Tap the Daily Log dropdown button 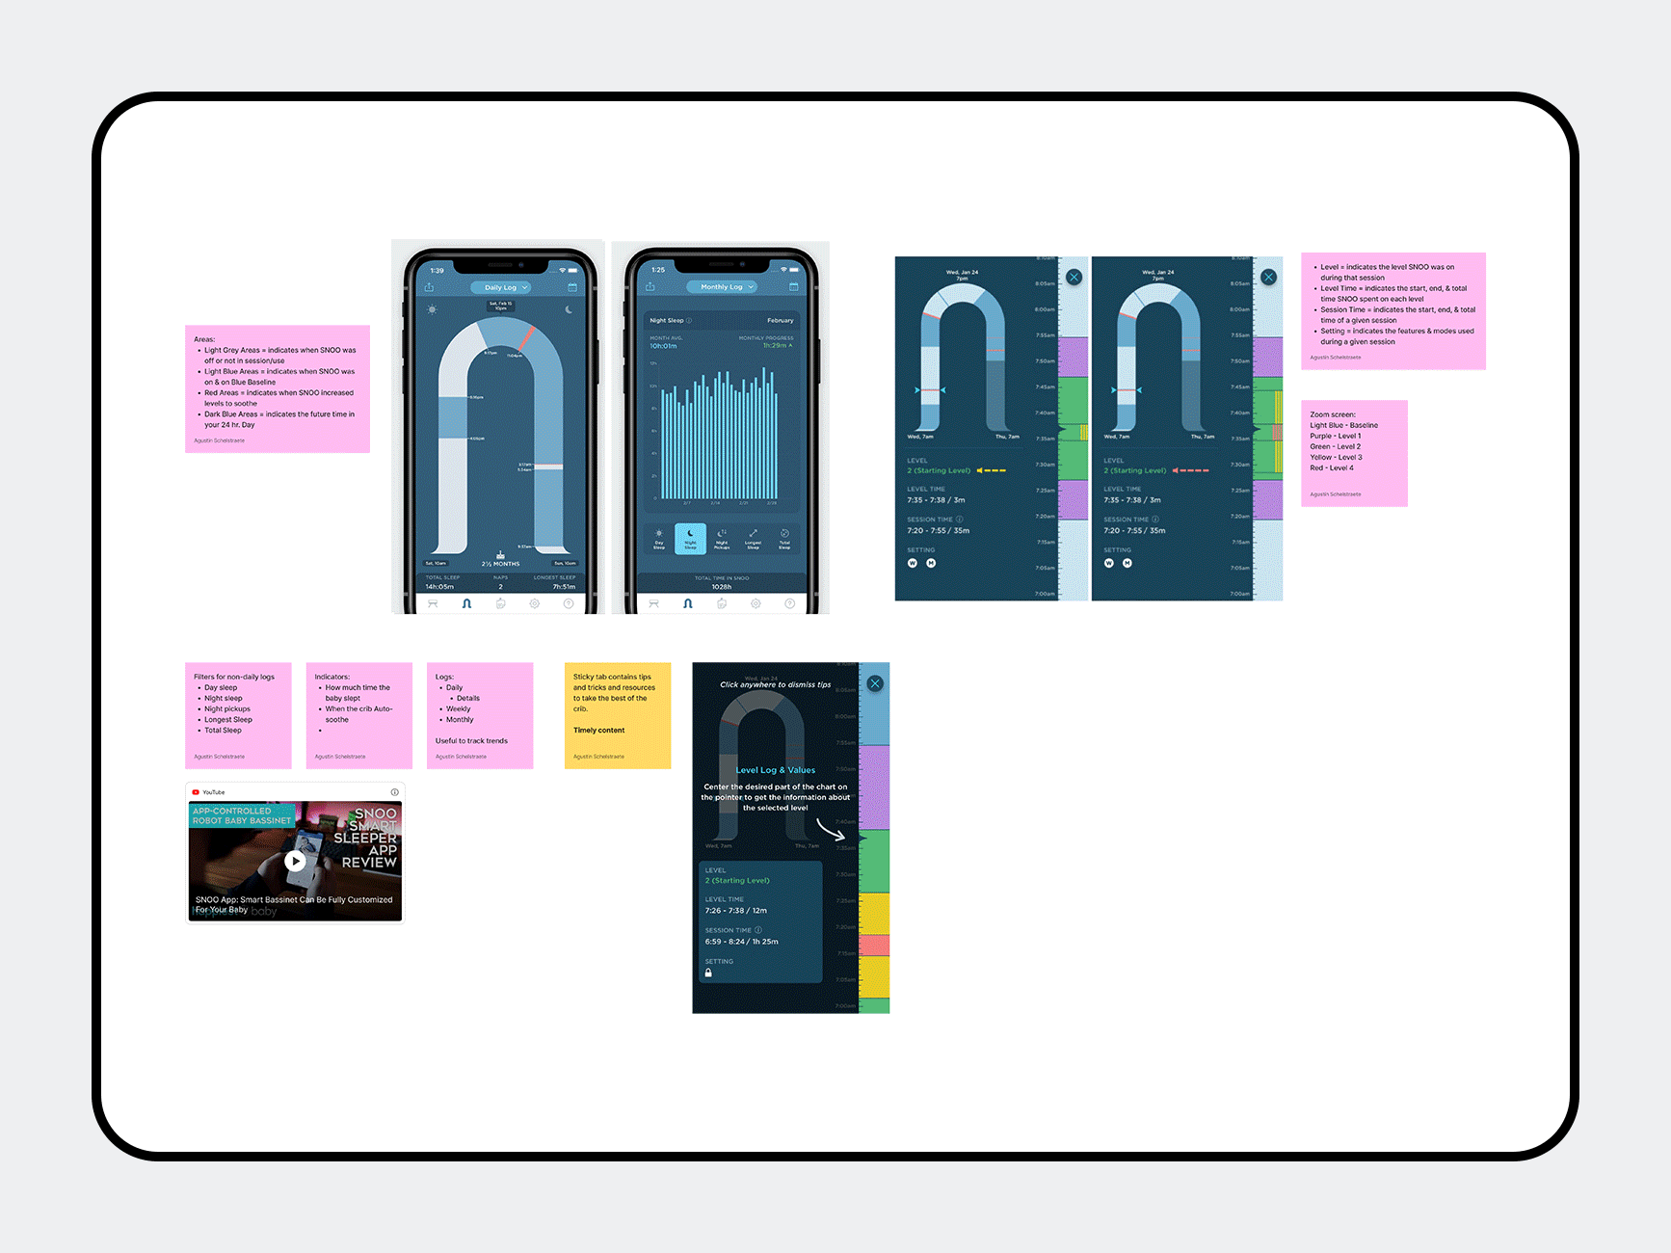(500, 287)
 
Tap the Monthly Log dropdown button (722, 287)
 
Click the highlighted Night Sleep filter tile (690, 538)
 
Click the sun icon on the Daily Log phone (432, 309)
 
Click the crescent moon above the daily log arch (569, 309)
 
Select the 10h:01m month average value (663, 346)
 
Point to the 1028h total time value (721, 587)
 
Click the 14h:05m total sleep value (439, 587)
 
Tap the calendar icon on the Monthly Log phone (794, 287)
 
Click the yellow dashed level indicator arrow (992, 470)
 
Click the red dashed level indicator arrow (1191, 470)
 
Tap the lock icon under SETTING (708, 973)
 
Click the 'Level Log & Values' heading (775, 770)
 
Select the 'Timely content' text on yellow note (598, 731)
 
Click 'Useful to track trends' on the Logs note (471, 741)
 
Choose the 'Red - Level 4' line (1332, 468)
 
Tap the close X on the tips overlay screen (875, 683)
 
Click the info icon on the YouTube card (394, 792)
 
